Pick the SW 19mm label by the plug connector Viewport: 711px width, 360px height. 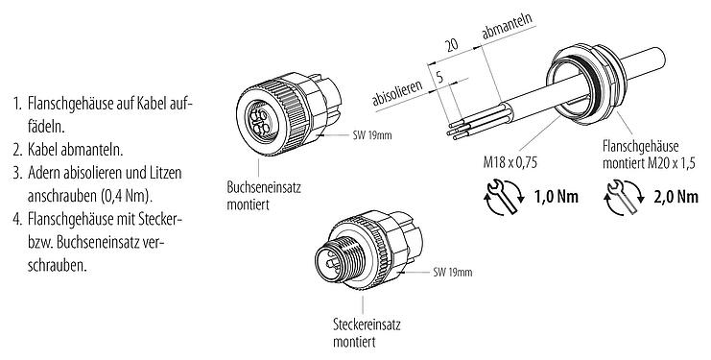click(x=452, y=274)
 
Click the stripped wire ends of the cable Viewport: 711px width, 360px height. click(x=458, y=132)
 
